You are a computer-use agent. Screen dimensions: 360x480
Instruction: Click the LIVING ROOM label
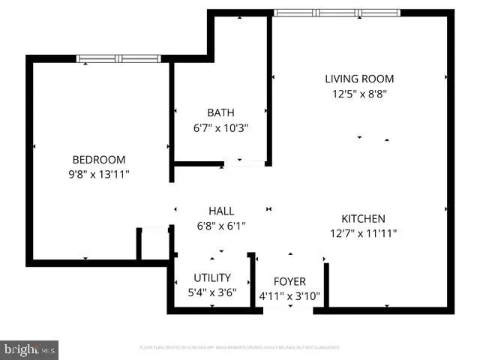click(x=358, y=79)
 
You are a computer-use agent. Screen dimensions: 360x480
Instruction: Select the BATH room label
click(x=220, y=113)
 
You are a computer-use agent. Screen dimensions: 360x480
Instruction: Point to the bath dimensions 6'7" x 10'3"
click(x=220, y=128)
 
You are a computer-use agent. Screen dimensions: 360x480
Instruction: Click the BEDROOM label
click(x=98, y=160)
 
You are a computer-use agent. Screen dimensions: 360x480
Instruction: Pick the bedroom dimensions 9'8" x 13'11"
click(x=98, y=175)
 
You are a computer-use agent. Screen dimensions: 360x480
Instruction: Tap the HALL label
click(x=220, y=211)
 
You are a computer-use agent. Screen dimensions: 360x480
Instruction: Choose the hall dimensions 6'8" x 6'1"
click(x=220, y=226)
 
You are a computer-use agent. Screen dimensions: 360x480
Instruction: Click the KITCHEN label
click(x=363, y=218)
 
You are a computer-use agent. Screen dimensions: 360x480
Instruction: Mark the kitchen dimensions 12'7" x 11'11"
click(x=363, y=233)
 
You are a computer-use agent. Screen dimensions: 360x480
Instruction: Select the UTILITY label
click(x=212, y=277)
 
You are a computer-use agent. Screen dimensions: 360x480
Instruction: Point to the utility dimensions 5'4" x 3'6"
click(x=212, y=292)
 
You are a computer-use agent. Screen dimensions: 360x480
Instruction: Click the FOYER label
click(x=289, y=281)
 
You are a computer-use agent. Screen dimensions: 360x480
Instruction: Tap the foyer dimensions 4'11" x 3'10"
click(x=289, y=296)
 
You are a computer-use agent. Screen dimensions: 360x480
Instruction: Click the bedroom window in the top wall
click(x=119, y=58)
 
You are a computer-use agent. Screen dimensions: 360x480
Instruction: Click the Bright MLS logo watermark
click(x=30, y=349)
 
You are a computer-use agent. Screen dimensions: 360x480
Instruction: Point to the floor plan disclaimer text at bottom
click(x=239, y=347)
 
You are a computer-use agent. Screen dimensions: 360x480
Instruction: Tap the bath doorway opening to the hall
click(x=246, y=162)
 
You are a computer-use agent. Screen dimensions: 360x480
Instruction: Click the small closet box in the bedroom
click(x=153, y=244)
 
